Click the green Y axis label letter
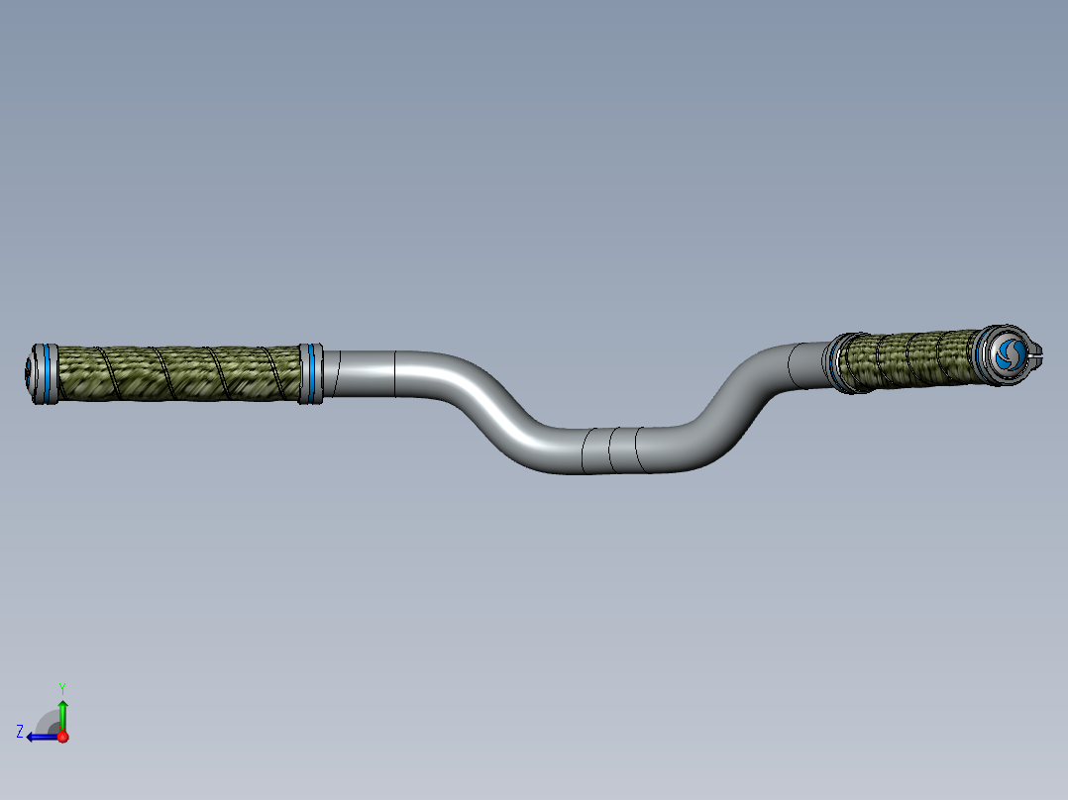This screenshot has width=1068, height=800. (x=61, y=686)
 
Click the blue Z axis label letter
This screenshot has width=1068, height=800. (x=20, y=731)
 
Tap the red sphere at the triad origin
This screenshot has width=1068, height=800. (x=62, y=737)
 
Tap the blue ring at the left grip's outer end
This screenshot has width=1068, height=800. (x=45, y=373)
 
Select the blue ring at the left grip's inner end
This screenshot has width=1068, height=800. (x=311, y=372)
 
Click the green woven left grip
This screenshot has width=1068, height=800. (x=178, y=372)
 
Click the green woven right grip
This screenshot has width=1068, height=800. (x=911, y=359)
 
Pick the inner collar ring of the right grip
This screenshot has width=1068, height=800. (x=838, y=362)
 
